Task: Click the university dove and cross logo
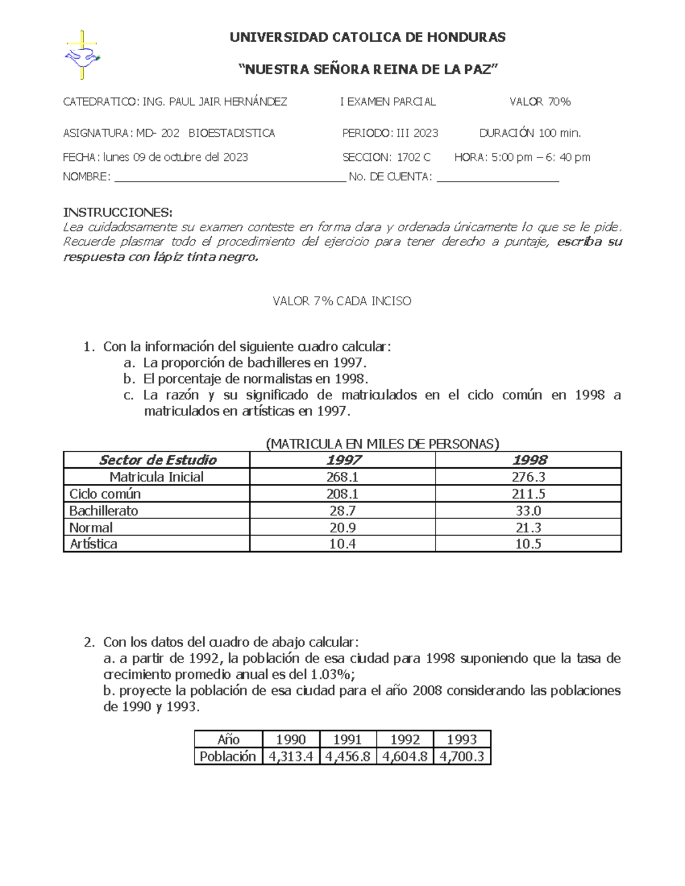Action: click(x=82, y=55)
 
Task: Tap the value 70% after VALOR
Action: click(x=559, y=102)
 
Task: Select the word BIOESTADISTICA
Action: click(x=232, y=133)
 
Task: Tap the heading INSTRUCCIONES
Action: click(x=117, y=212)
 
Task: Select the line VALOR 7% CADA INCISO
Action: click(x=342, y=301)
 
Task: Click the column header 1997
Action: click(x=342, y=460)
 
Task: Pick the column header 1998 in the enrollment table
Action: click(x=528, y=460)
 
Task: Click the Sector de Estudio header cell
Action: click(x=157, y=460)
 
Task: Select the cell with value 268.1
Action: click(x=342, y=477)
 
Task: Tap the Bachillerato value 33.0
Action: click(x=528, y=511)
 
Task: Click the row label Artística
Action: click(x=94, y=544)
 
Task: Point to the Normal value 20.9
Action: click(x=342, y=528)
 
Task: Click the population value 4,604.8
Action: click(x=405, y=756)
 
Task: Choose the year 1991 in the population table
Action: click(x=348, y=739)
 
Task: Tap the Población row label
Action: click(x=228, y=756)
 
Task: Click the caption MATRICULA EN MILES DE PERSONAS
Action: click(x=382, y=444)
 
